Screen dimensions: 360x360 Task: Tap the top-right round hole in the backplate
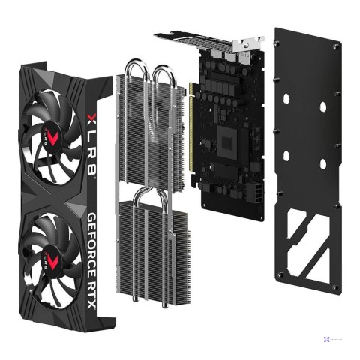click(x=323, y=106)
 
